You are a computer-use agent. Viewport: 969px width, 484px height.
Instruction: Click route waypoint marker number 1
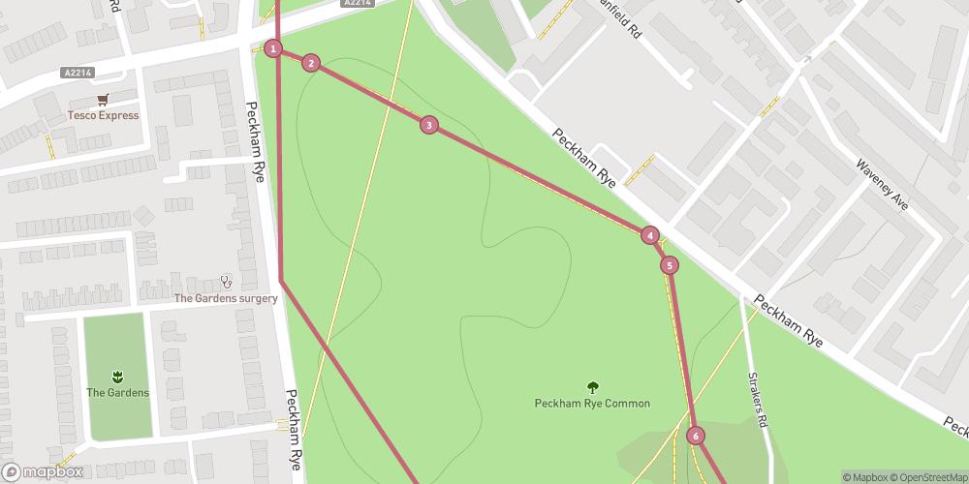[274, 48]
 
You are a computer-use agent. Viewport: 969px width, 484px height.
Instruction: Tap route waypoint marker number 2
[310, 64]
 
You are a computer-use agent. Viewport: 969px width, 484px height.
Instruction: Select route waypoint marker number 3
[428, 124]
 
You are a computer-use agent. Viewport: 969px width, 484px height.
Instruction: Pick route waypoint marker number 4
[649, 235]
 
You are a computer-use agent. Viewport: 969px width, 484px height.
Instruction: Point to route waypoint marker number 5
[669, 265]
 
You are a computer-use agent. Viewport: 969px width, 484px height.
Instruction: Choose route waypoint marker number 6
[695, 436]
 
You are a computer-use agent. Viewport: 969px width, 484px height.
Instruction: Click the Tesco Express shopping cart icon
[103, 99]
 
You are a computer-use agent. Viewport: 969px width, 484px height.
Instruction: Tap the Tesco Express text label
[103, 116]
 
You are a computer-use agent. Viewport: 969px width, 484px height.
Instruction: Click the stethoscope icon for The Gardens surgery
[226, 281]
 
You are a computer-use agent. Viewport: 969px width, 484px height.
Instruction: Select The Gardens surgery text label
[226, 298]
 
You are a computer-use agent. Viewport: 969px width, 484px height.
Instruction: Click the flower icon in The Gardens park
[117, 375]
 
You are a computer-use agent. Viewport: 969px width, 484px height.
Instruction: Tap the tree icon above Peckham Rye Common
[592, 386]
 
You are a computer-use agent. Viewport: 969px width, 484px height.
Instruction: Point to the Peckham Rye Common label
[592, 404]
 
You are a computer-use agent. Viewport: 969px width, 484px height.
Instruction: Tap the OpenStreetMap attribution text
[927, 477]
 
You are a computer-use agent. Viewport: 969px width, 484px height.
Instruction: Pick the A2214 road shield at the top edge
[357, 4]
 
